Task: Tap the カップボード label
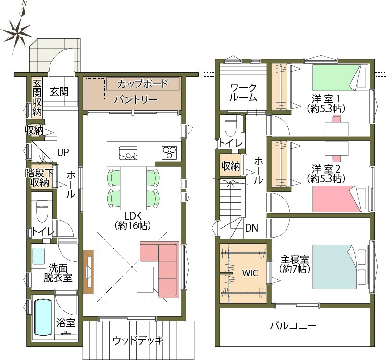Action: click(143, 84)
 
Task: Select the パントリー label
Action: click(136, 99)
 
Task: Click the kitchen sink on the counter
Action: click(128, 153)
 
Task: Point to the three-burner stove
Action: click(169, 152)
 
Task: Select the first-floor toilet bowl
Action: click(42, 211)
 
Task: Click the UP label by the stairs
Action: click(62, 152)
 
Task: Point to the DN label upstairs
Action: click(251, 228)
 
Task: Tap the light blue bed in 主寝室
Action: click(340, 267)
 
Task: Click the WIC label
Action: click(250, 273)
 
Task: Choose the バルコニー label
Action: click(293, 326)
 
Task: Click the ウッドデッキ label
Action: click(138, 340)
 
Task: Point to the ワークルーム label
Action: click(243, 93)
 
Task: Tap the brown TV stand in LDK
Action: click(88, 272)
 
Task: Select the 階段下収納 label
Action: click(39, 178)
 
